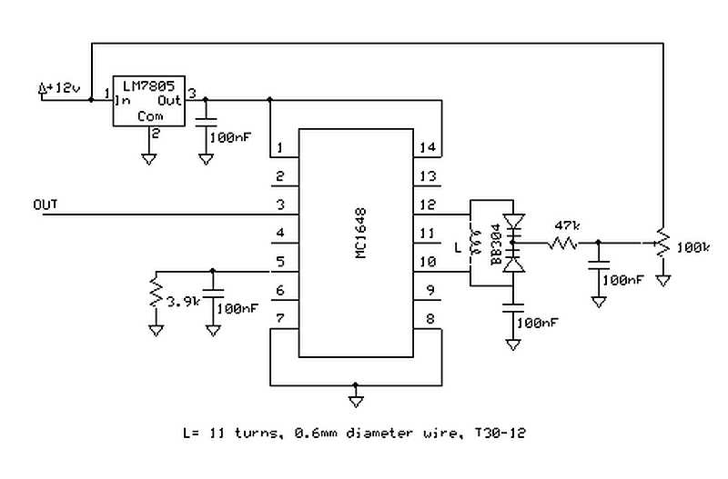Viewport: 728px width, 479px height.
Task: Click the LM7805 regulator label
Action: point(148,85)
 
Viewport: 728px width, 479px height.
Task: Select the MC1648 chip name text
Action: point(360,233)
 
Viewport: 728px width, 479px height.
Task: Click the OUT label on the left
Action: point(45,205)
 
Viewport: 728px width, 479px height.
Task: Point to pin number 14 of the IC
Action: point(428,147)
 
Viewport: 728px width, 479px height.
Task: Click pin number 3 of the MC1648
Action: point(280,205)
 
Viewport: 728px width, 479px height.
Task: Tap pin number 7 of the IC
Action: point(280,318)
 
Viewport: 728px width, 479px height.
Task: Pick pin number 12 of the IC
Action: point(428,205)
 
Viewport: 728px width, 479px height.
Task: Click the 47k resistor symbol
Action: point(563,243)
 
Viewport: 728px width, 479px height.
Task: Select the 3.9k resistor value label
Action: point(183,303)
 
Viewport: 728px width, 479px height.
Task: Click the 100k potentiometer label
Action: point(693,247)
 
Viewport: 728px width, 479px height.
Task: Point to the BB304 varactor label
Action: point(496,244)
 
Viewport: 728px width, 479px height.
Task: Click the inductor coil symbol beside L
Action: point(475,243)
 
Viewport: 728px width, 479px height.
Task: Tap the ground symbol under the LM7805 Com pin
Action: point(148,159)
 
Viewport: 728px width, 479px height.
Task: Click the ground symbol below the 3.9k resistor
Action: point(156,331)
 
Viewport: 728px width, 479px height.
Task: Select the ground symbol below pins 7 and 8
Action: point(356,402)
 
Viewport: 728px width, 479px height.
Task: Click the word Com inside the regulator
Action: point(150,116)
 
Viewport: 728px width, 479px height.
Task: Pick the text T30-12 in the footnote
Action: point(500,433)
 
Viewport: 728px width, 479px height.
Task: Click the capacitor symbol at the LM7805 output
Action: point(206,123)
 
